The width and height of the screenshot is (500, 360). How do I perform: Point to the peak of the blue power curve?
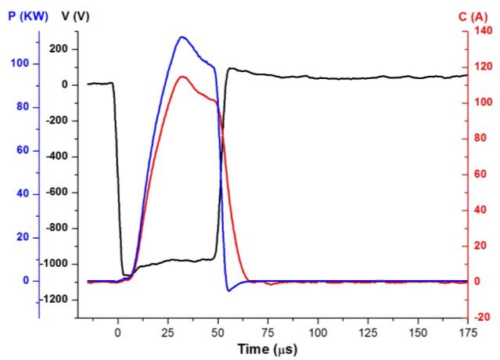tap(182, 37)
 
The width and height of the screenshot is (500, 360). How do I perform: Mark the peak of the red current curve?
tap(182, 77)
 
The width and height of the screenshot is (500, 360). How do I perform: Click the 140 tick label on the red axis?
tap(481, 31)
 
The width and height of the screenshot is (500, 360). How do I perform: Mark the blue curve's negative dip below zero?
tap(229, 290)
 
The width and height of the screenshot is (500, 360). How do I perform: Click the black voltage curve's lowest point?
tap(125, 275)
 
